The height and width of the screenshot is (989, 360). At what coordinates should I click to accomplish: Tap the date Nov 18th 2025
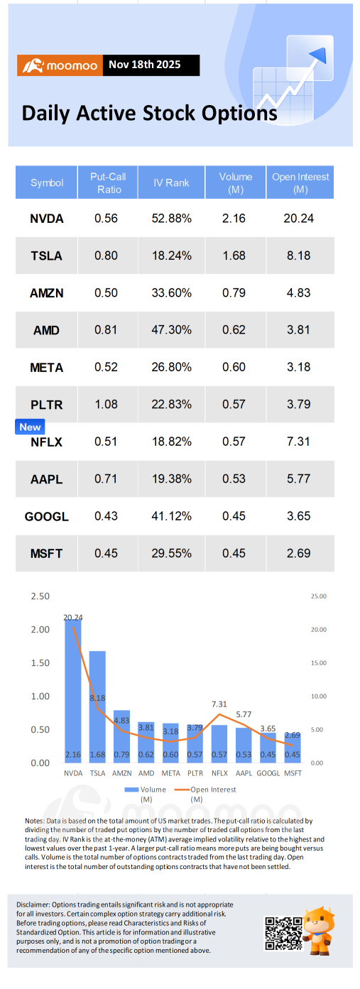[144, 65]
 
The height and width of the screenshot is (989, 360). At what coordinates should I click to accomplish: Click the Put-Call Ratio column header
[107, 182]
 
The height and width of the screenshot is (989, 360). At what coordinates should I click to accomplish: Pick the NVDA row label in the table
[47, 219]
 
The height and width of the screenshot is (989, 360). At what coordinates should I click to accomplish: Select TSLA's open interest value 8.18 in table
[298, 256]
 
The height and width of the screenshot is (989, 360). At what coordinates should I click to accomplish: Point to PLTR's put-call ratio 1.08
[107, 405]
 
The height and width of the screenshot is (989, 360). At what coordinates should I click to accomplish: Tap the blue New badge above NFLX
[30, 427]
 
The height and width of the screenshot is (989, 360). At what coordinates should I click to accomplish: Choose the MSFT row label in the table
[47, 553]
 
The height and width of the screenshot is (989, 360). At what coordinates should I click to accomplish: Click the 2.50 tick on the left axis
[40, 596]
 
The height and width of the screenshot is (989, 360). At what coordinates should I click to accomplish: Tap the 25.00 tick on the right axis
[317, 596]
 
